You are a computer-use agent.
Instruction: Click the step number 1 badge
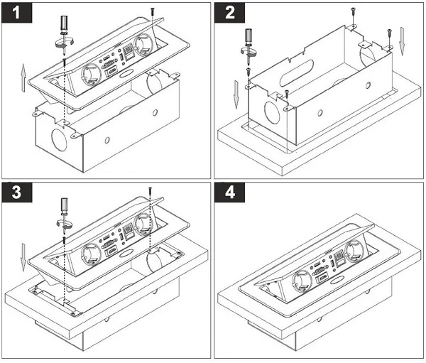pos(15,16)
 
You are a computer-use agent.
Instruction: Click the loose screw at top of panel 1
pos(152,10)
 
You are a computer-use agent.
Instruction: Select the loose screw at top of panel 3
pos(152,190)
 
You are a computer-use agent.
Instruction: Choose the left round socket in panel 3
pos(94,254)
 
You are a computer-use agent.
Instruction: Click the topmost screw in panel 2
pos(351,9)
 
